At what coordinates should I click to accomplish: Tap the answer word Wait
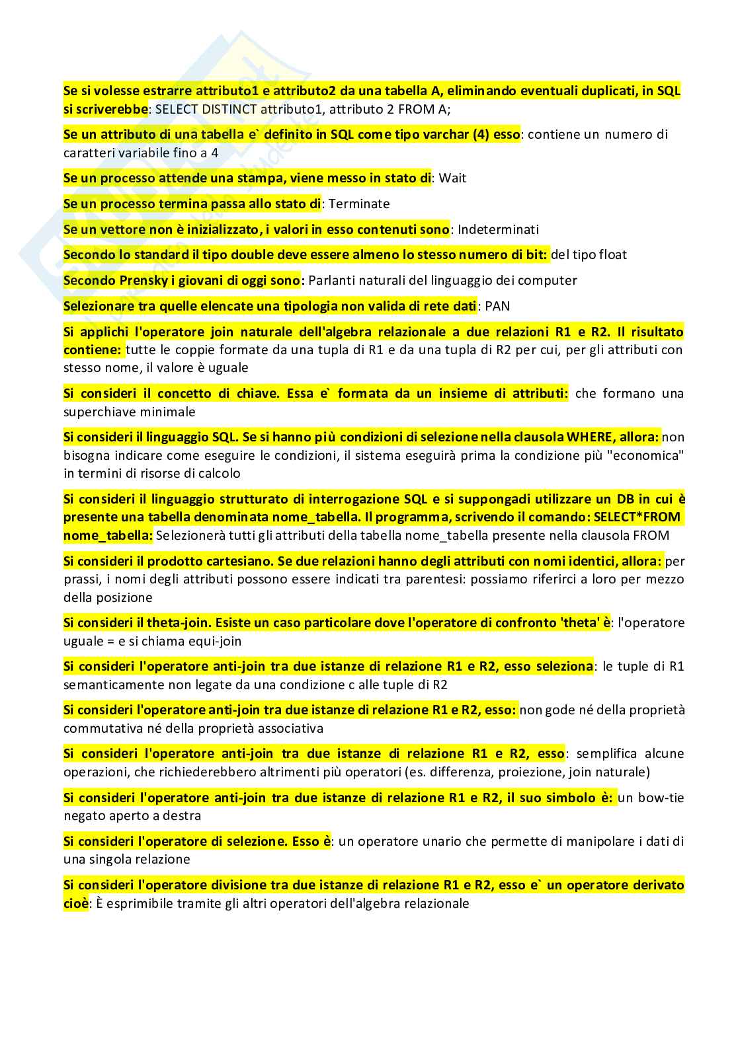click(x=452, y=178)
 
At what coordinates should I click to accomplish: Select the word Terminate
click(x=359, y=204)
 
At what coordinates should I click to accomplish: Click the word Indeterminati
click(x=498, y=230)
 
